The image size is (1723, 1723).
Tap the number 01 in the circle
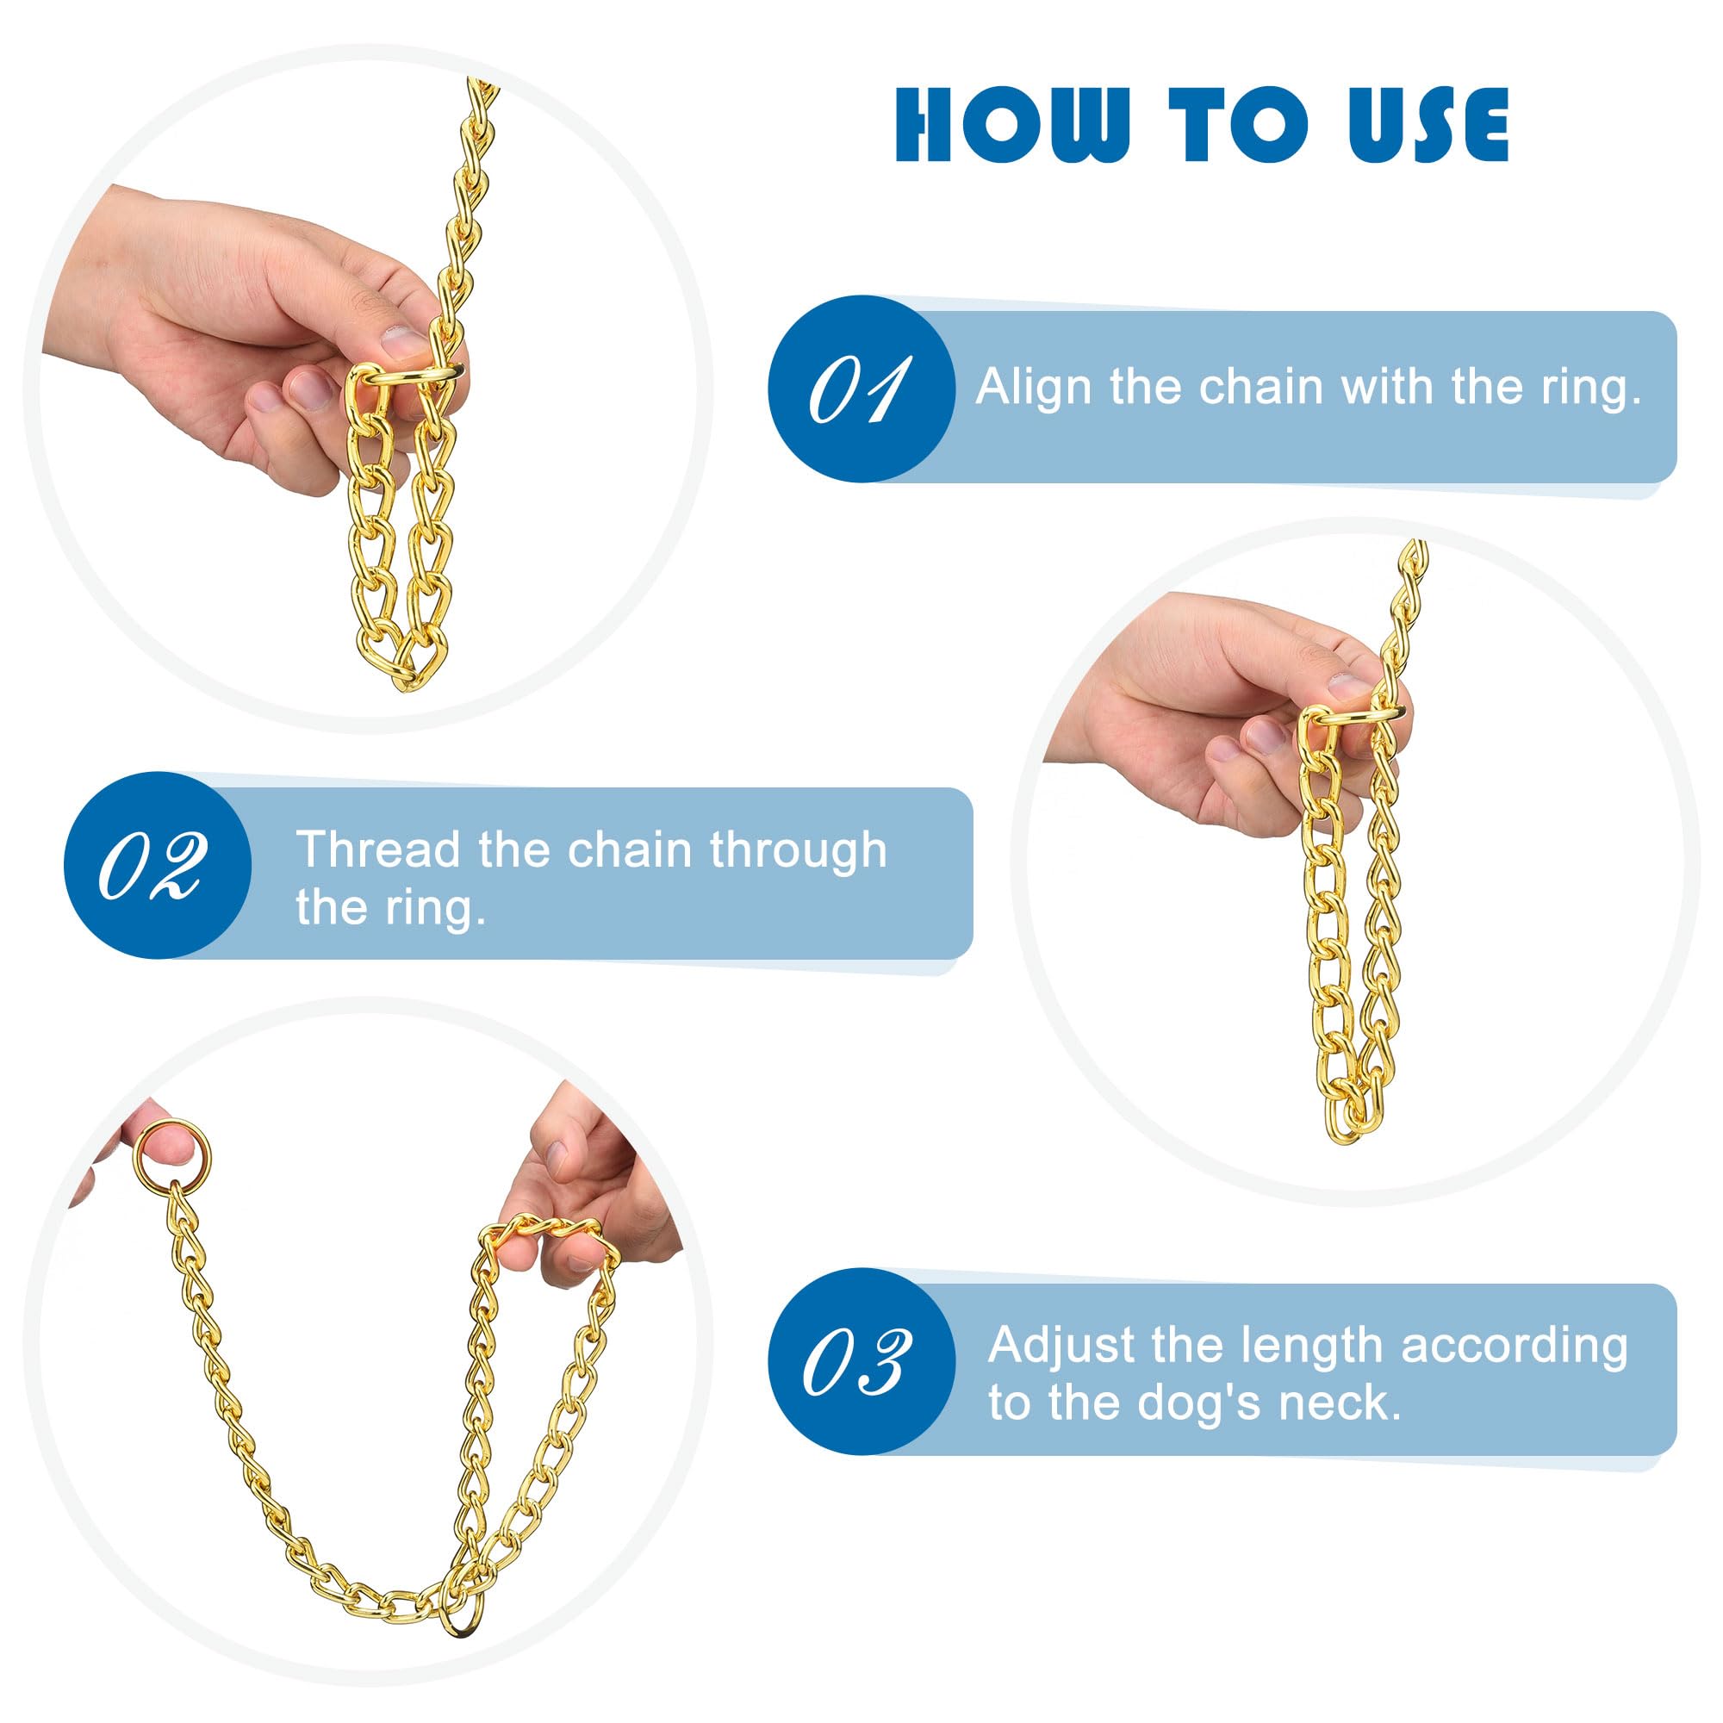pyautogui.click(x=859, y=389)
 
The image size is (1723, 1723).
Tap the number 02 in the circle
pyautogui.click(x=152, y=866)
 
